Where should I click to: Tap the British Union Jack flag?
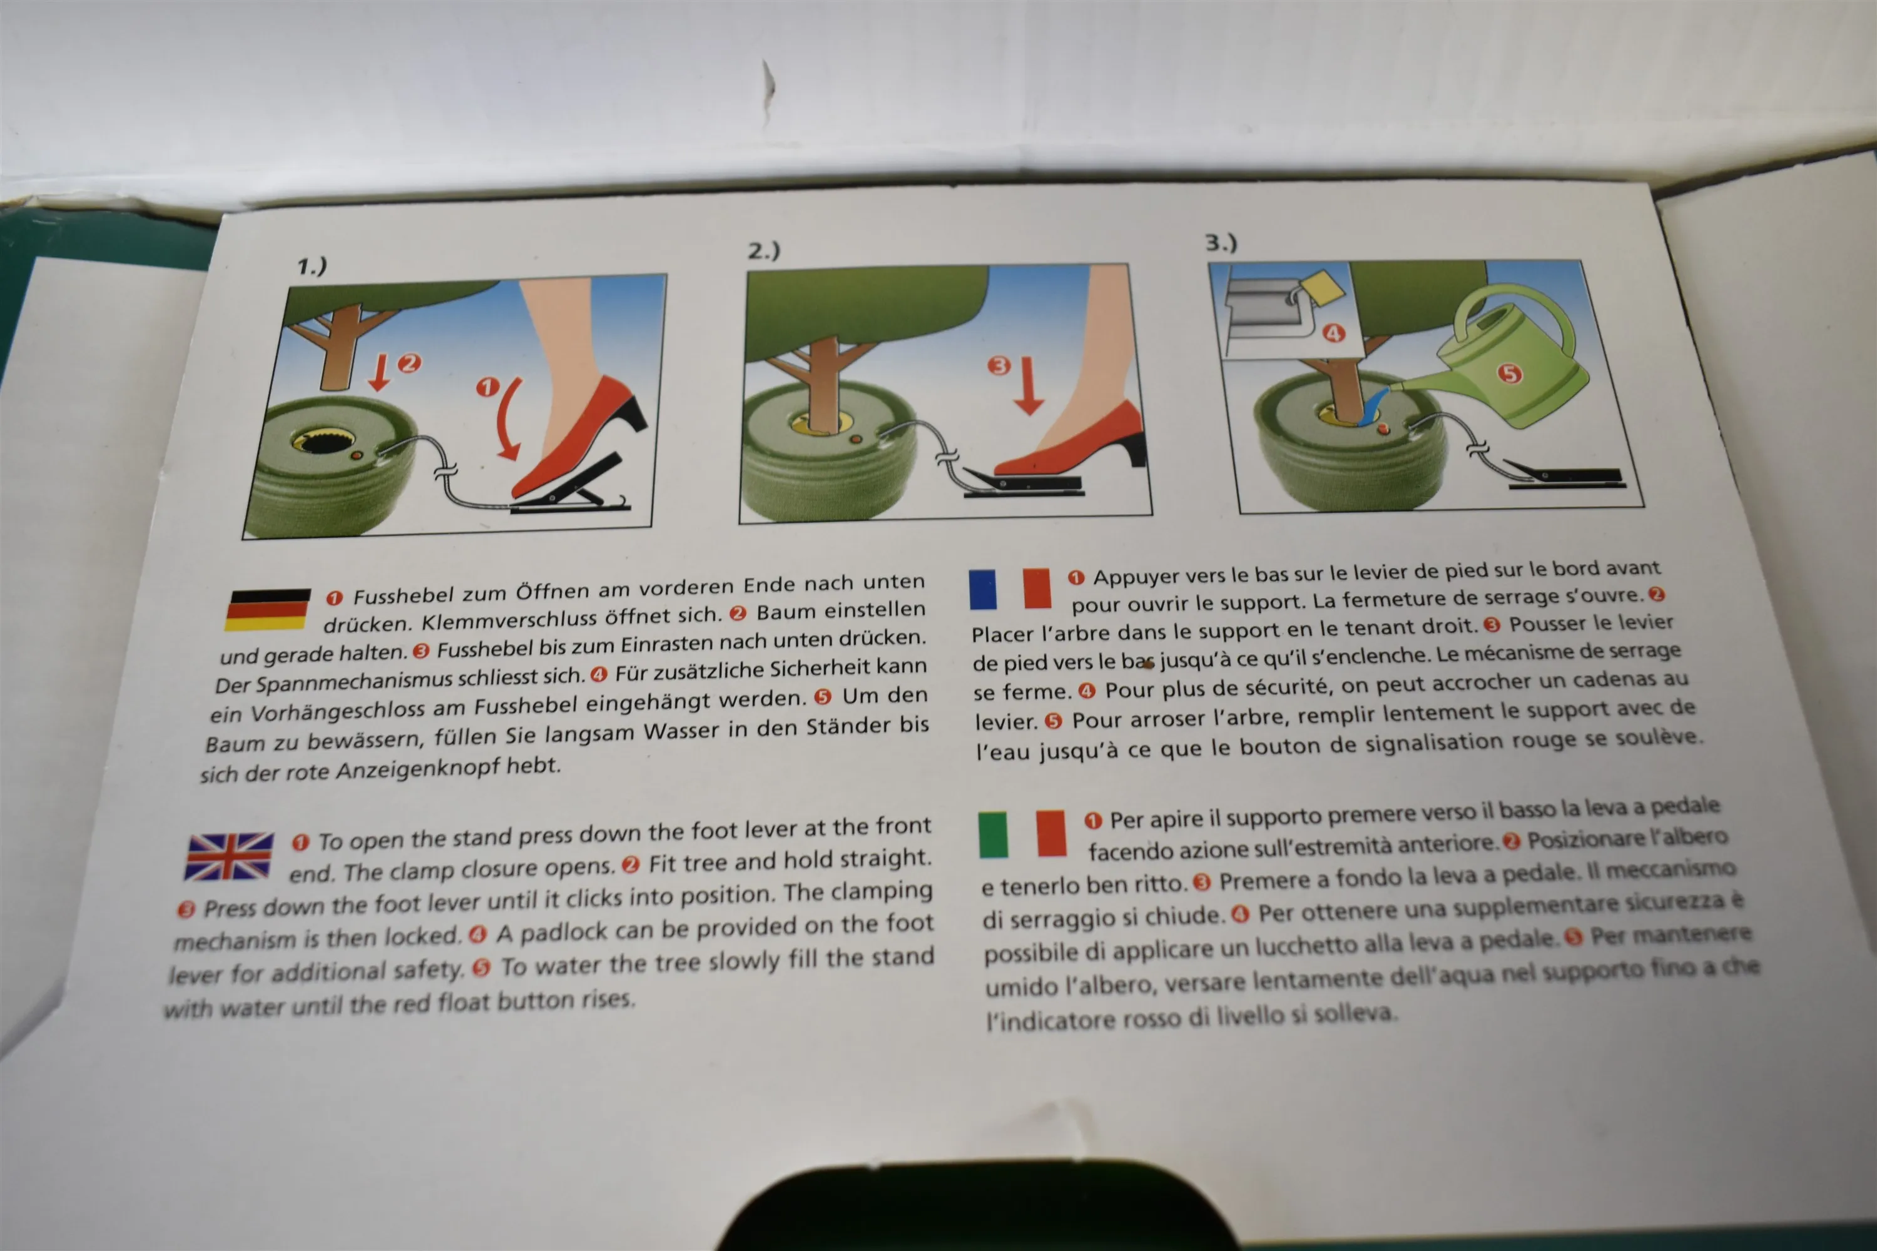point(229,856)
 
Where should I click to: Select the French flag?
point(1010,589)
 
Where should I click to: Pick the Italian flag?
point(1022,834)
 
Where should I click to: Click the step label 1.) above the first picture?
point(312,266)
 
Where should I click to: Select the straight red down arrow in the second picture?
point(1028,385)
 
